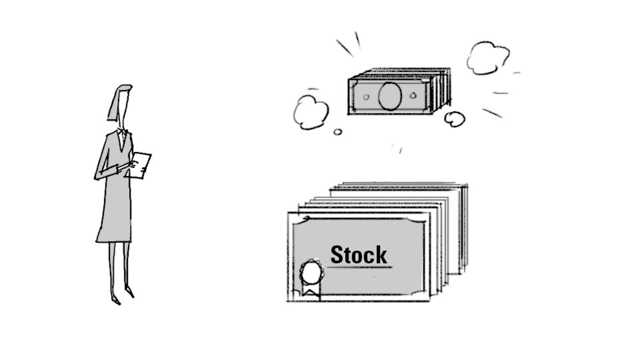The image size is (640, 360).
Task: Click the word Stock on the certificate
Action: tap(358, 255)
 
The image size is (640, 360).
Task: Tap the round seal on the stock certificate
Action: tap(311, 273)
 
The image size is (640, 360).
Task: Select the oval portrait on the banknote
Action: tap(390, 96)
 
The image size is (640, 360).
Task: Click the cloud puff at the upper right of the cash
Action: tap(487, 58)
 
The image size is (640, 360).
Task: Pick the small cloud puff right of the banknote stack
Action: tap(454, 119)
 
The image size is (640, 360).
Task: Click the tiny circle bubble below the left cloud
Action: tap(337, 132)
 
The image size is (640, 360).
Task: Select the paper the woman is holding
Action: tap(140, 164)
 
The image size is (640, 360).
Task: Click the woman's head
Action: tap(120, 102)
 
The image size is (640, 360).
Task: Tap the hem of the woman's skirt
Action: tap(114, 240)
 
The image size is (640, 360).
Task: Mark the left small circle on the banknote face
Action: tap(366, 97)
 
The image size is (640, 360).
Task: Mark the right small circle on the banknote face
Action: tap(413, 95)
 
